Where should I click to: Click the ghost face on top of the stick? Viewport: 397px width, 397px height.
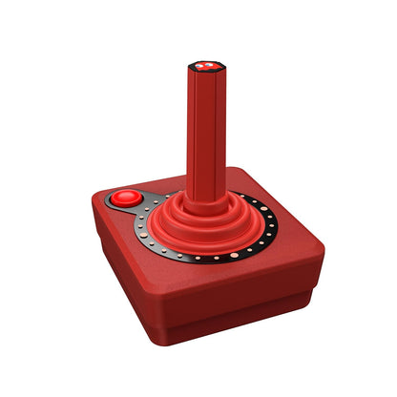(202, 67)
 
